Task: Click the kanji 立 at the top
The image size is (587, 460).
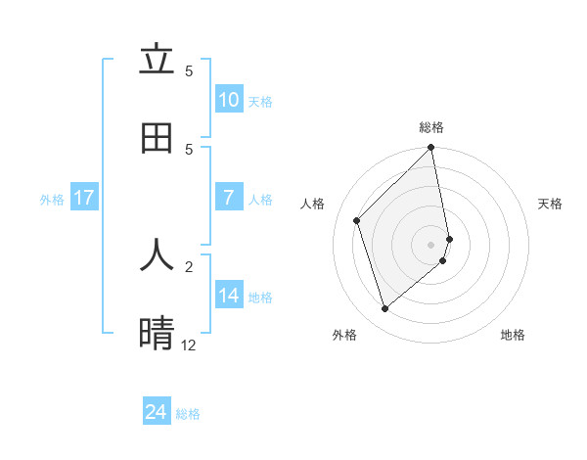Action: pyautogui.click(x=157, y=60)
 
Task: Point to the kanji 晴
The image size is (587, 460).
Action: pyautogui.click(x=157, y=334)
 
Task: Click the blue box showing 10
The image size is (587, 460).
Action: pyautogui.click(x=229, y=100)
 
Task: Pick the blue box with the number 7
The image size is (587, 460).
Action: pyautogui.click(x=229, y=198)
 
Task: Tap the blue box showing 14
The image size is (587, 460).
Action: pyautogui.click(x=229, y=296)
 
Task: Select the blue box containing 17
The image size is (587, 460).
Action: pyautogui.click(x=84, y=198)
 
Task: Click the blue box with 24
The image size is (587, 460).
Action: pyautogui.click(x=157, y=412)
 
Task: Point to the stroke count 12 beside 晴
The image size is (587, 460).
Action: pyautogui.click(x=188, y=345)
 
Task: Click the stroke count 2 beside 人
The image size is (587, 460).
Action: pyautogui.click(x=188, y=265)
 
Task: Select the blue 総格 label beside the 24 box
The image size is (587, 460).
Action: pyautogui.click(x=188, y=414)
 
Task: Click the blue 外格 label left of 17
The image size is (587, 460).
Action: pyautogui.click(x=52, y=200)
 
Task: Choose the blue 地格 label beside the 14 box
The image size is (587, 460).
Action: pyautogui.click(x=260, y=298)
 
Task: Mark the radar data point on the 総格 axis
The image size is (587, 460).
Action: pyautogui.click(x=431, y=149)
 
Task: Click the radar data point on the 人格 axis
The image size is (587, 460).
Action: pyautogui.click(x=357, y=220)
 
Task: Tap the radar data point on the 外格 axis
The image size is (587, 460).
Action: pyautogui.click(x=384, y=309)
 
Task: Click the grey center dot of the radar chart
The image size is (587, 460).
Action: pyautogui.click(x=431, y=244)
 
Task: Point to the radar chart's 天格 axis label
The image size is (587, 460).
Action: pyautogui.click(x=550, y=204)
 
